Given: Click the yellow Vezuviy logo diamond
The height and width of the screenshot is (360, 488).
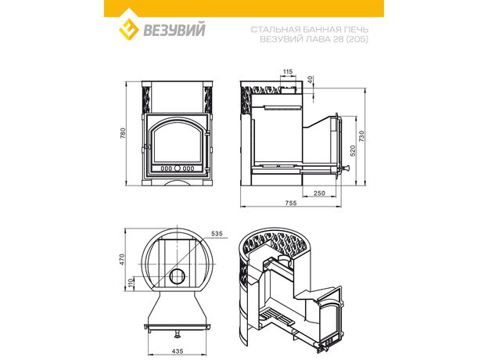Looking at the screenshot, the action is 128,30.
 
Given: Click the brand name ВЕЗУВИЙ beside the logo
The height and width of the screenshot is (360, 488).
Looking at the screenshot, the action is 174,31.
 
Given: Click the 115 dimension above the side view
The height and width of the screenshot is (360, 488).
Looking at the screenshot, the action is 287,72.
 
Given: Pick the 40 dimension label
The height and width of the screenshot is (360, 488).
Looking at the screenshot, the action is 310,80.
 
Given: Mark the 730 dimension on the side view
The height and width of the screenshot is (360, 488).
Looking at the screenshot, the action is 361,136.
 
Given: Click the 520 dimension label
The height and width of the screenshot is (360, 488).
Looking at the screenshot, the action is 352,151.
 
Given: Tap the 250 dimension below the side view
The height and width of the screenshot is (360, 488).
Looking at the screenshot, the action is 319,193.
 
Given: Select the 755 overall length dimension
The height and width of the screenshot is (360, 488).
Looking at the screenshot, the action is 291,203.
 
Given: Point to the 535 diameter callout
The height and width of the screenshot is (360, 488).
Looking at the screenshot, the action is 217,233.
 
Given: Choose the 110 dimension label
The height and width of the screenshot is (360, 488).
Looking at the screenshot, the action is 131,283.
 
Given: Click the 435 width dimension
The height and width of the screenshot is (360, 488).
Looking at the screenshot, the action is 178,351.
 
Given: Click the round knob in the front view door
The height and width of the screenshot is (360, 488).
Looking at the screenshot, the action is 178,168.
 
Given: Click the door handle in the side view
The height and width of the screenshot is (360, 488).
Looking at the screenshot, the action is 345,168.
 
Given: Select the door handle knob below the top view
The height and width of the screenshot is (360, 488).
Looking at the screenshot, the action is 178,334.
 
